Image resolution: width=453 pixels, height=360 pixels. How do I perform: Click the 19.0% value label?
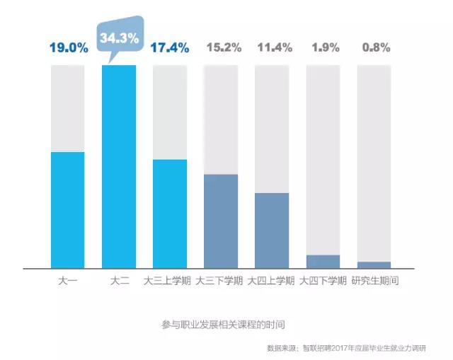pos(68,48)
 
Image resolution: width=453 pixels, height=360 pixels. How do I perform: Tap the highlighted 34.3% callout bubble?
pos(119,40)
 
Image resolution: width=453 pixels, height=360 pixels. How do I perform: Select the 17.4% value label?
pos(170,48)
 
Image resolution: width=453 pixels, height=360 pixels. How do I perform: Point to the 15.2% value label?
pos(221,48)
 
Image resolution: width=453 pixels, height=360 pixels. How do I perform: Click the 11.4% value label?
pos(272,48)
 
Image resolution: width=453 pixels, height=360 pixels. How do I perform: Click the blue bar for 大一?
pos(68,210)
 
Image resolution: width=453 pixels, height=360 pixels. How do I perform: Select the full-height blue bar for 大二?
pos(119,166)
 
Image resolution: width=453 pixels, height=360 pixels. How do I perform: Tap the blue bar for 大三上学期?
pos(170,214)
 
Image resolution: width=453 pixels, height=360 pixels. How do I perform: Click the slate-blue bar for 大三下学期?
pos(221,221)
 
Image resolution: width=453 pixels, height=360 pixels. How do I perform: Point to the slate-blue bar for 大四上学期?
pos(272,231)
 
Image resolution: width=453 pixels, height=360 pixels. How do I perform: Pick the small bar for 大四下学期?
pos(323,262)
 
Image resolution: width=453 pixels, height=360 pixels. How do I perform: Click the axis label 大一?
pos(68,281)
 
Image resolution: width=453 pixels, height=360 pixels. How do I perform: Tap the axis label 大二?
pos(119,281)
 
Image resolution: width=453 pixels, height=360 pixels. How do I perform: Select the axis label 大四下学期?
pos(323,281)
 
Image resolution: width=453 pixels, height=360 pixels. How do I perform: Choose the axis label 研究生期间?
pos(374,281)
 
